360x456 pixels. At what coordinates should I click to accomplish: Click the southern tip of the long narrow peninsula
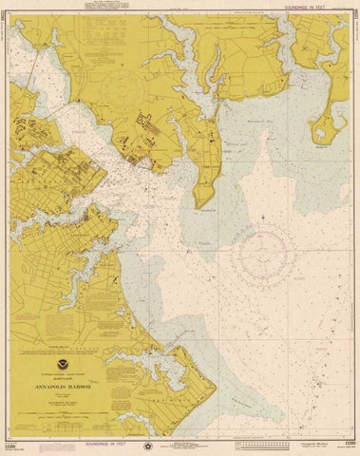[198, 205]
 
